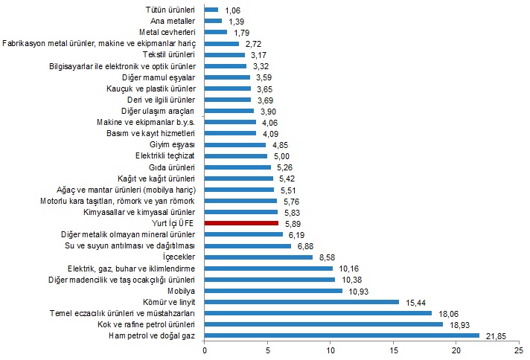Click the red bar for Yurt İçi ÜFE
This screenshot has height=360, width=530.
click(x=241, y=222)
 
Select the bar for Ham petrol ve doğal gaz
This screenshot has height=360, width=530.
click(x=342, y=336)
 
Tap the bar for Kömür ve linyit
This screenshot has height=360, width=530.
click(x=301, y=302)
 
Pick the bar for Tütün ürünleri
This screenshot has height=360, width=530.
click(x=211, y=10)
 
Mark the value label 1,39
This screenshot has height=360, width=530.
click(x=234, y=21)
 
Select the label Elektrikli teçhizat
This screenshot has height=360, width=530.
click(x=165, y=156)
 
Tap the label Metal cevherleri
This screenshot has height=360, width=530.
click(x=167, y=32)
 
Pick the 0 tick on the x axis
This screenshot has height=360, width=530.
click(x=205, y=350)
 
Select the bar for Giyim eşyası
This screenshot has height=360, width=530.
click(x=235, y=145)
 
